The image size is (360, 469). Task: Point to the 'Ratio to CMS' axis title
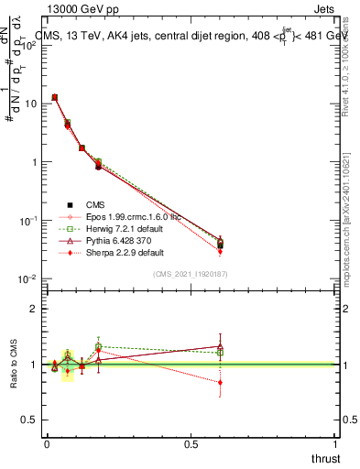click(12, 365)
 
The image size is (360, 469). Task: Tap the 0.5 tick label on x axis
click(191, 443)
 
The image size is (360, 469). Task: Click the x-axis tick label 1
click(337, 443)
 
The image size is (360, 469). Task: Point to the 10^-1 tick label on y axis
click(27, 221)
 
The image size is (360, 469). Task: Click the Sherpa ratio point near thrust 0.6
click(220, 383)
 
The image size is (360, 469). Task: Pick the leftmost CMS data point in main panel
click(55, 97)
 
